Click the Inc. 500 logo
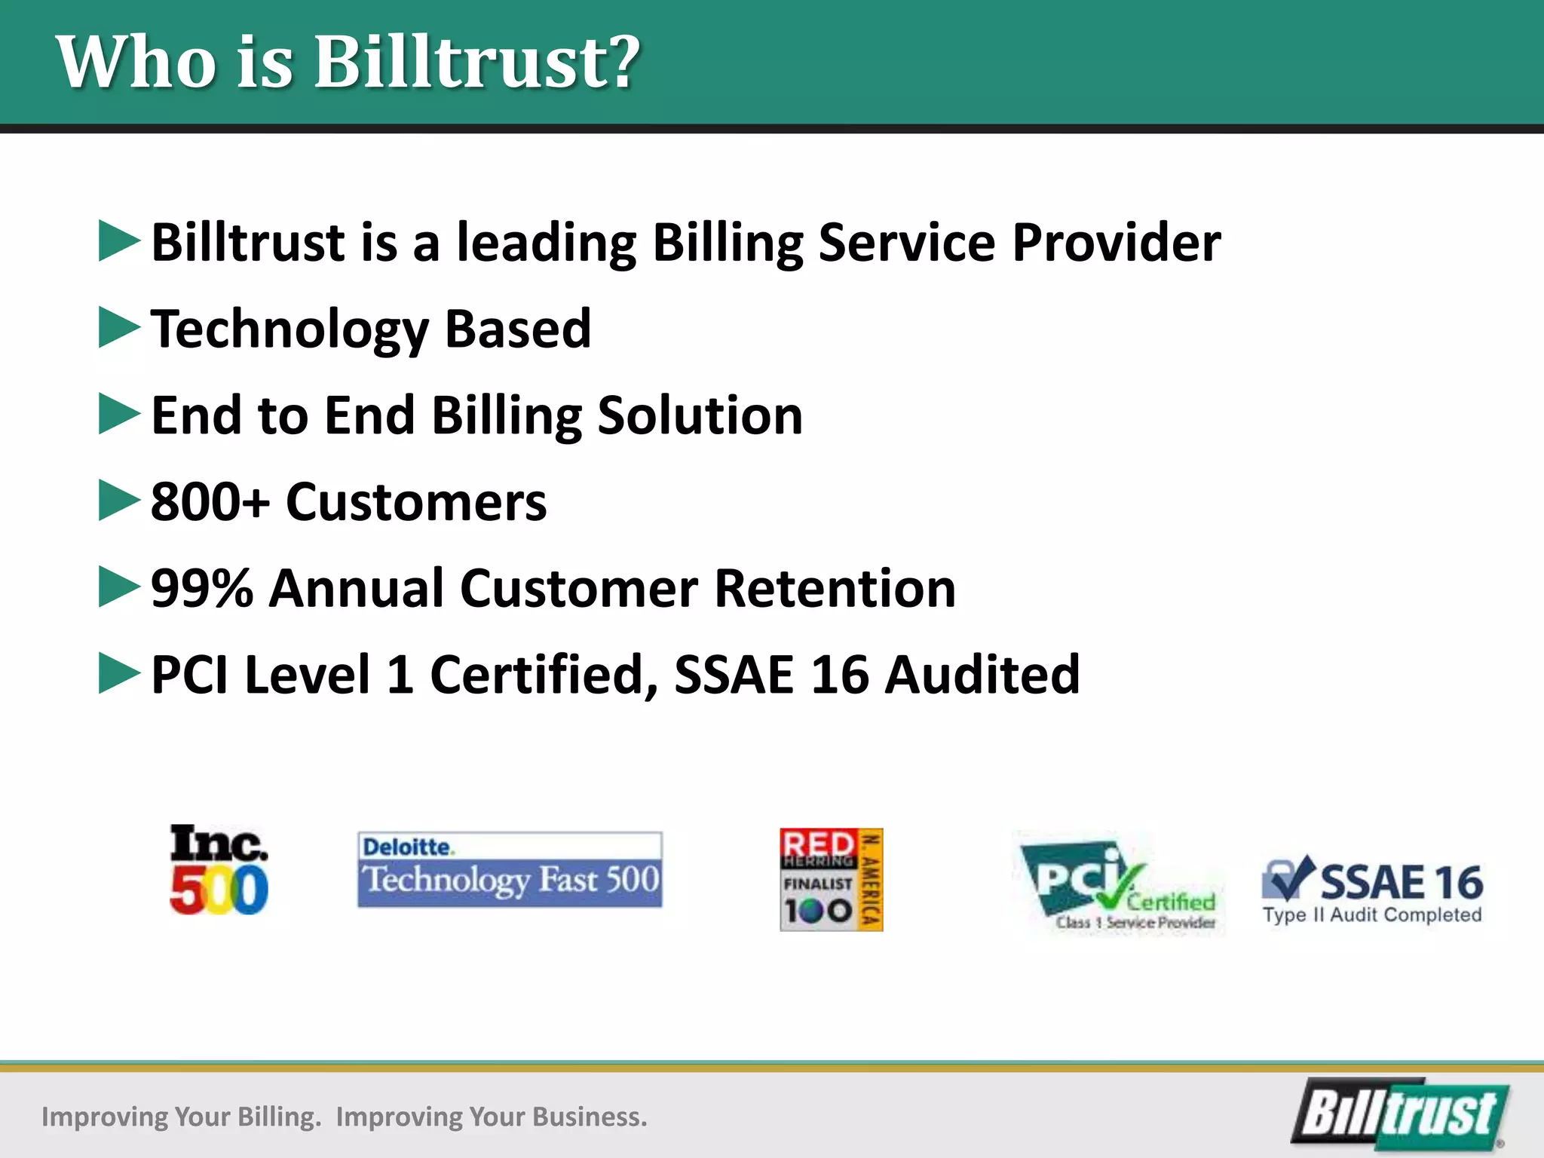pyautogui.click(x=219, y=869)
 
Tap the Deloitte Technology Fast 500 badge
pyautogui.click(x=510, y=869)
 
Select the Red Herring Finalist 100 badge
pyautogui.click(x=831, y=880)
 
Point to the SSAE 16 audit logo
pyautogui.click(x=1372, y=890)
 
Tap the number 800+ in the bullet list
pyautogui.click(x=210, y=502)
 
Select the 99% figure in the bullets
pyautogui.click(x=201, y=589)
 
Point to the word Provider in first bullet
pyautogui.click(x=1116, y=243)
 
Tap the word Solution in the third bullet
pyautogui.click(x=700, y=415)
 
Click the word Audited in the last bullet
pyautogui.click(x=982, y=675)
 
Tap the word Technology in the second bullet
pyautogui.click(x=289, y=330)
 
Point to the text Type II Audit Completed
pyautogui.click(x=1372, y=915)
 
